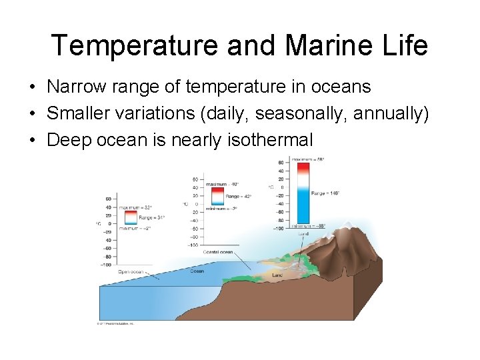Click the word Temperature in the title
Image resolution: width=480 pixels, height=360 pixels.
(134, 45)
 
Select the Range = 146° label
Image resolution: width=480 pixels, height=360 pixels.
(325, 193)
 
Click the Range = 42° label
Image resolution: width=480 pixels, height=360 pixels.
(237, 197)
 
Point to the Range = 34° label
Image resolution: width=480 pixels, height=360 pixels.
(151, 217)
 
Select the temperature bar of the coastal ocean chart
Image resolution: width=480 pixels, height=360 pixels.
(217, 196)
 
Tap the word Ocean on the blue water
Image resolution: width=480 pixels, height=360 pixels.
(197, 271)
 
